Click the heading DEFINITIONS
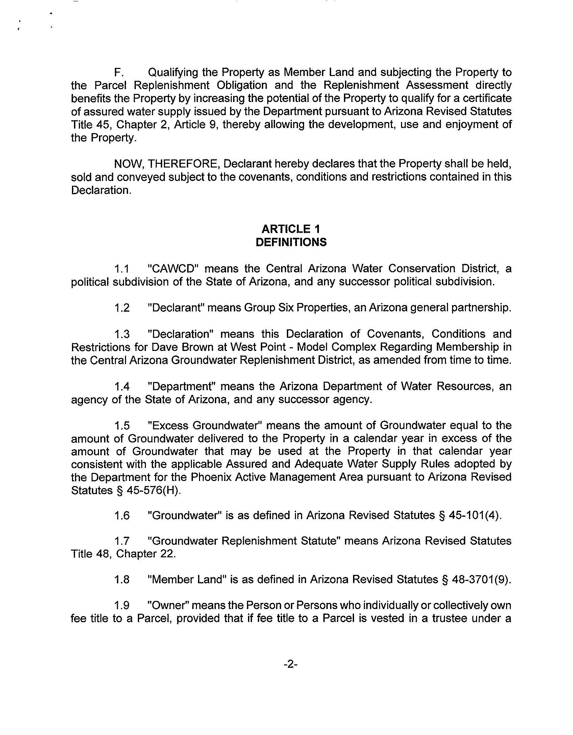point(291,243)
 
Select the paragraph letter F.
point(118,72)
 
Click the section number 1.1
point(122,269)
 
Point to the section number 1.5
point(122,426)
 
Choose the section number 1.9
point(122,605)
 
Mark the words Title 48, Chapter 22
point(123,554)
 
